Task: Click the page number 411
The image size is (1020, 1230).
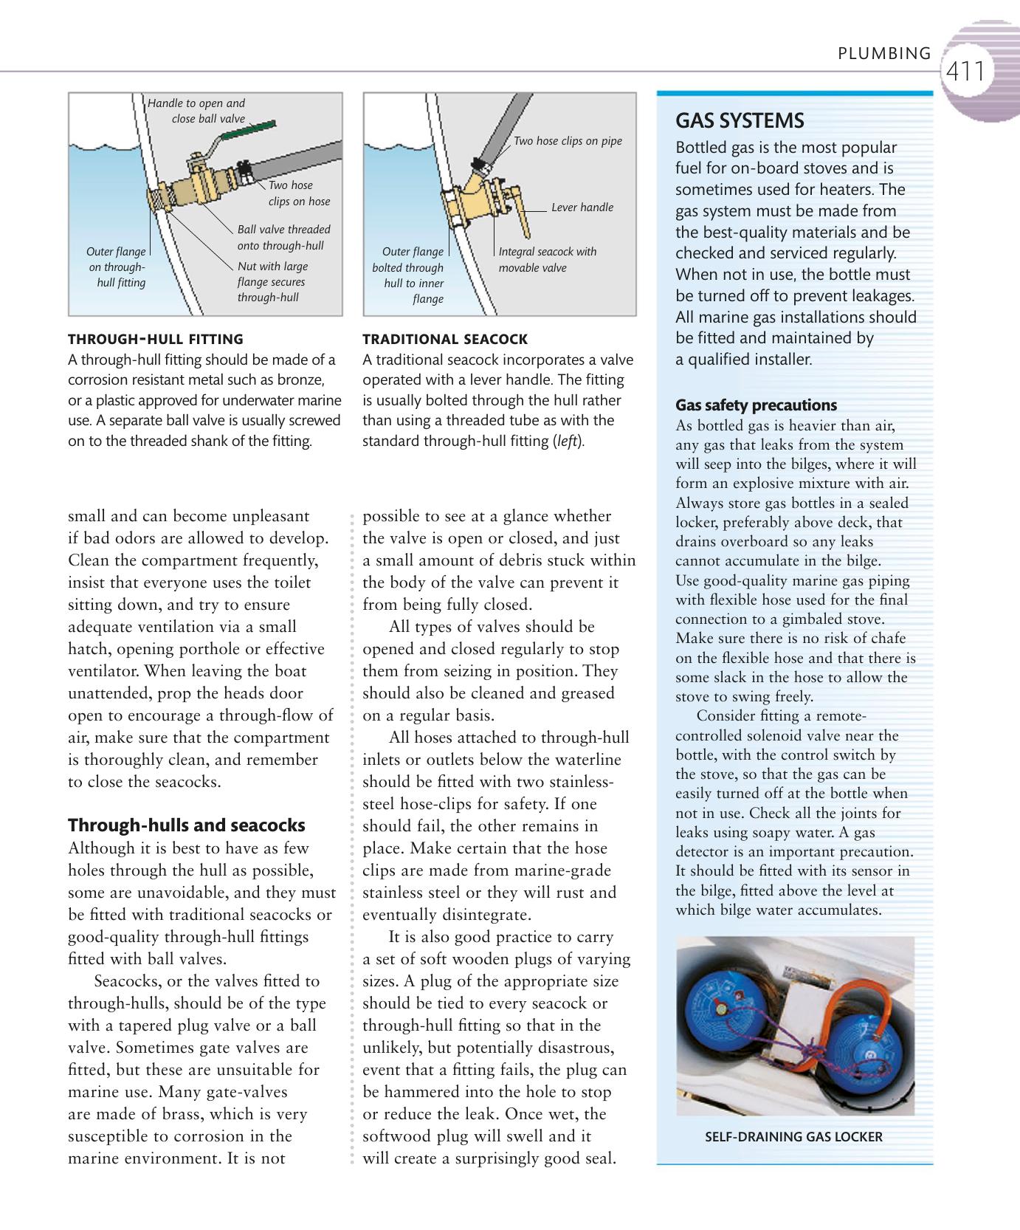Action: click(965, 72)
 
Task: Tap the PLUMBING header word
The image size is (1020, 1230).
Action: click(884, 53)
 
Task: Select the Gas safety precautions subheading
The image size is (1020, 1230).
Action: click(756, 405)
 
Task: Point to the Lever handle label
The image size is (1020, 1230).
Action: click(582, 207)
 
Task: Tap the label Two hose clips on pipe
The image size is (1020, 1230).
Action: click(568, 141)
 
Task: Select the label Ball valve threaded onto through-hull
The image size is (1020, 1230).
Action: click(283, 238)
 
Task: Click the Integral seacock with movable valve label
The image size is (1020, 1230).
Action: click(547, 259)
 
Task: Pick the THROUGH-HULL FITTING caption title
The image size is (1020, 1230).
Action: click(155, 340)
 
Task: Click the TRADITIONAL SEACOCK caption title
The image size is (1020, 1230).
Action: click(444, 340)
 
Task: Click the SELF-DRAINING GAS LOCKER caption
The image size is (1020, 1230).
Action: click(793, 1137)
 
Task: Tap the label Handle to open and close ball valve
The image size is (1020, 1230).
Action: click(197, 111)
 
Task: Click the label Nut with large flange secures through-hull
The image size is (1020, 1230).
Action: click(272, 282)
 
